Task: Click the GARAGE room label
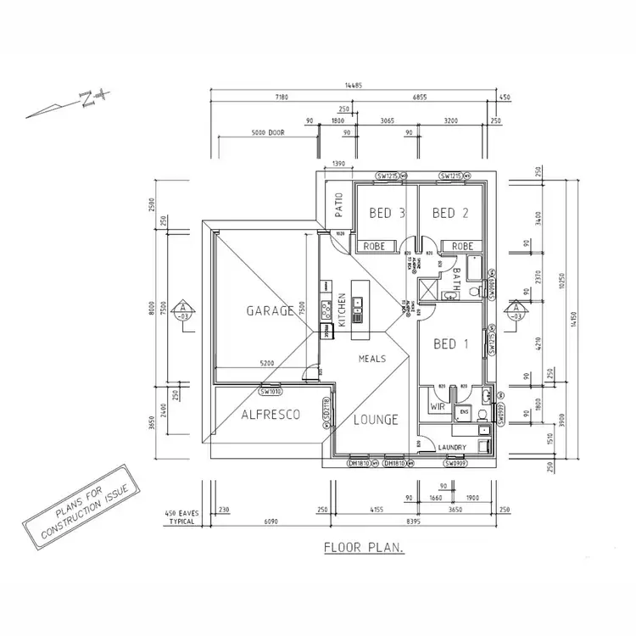(x=270, y=310)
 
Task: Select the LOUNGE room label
(x=376, y=419)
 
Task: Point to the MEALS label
(x=372, y=359)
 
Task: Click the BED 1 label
(x=450, y=343)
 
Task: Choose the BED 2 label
(x=450, y=213)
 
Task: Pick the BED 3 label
(x=386, y=213)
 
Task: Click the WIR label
(x=438, y=407)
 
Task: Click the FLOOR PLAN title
(x=364, y=548)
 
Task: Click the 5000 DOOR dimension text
(x=269, y=132)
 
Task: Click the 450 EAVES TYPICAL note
(x=181, y=516)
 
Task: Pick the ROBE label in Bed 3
(x=375, y=246)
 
